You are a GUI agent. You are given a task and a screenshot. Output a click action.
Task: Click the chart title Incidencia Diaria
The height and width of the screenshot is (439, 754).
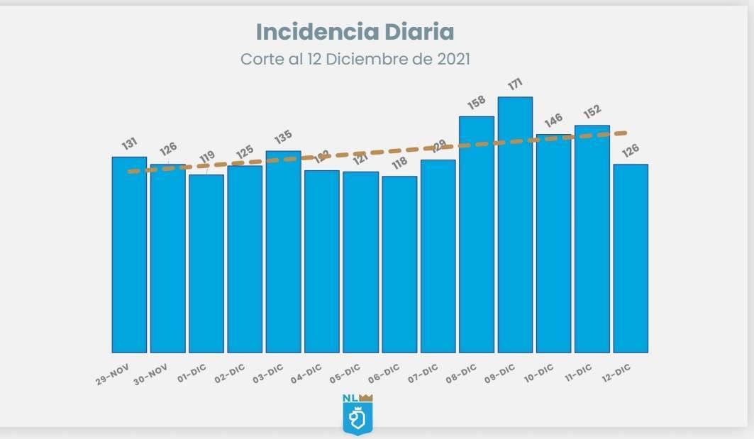pyautogui.click(x=355, y=32)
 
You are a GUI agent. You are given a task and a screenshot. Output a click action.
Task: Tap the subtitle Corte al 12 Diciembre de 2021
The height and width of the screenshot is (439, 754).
pyautogui.click(x=355, y=59)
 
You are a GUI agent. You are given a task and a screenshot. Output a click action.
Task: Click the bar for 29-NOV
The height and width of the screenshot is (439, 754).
pyautogui.click(x=129, y=255)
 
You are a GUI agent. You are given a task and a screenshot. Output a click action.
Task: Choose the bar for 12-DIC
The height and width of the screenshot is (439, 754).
pyautogui.click(x=631, y=258)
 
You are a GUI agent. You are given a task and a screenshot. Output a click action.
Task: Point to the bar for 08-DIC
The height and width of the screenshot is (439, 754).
pyautogui.click(x=477, y=234)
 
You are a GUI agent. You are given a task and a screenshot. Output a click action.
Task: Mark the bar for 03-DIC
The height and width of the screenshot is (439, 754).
pyautogui.click(x=284, y=252)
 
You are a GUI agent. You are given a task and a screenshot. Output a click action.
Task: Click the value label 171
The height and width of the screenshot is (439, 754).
pyautogui.click(x=516, y=85)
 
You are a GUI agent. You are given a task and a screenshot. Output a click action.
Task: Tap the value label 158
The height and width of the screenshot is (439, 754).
pyautogui.click(x=477, y=104)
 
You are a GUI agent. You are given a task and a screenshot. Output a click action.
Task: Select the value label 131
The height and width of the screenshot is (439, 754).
pyautogui.click(x=129, y=144)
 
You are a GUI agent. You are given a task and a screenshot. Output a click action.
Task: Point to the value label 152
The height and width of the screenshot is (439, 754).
pyautogui.click(x=592, y=111)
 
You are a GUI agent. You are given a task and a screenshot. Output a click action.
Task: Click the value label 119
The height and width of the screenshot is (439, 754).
pyautogui.click(x=206, y=157)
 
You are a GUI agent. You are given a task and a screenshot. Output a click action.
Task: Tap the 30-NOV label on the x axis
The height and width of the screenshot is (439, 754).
pyautogui.click(x=151, y=374)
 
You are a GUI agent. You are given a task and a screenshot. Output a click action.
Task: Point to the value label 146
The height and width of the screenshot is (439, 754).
pyautogui.click(x=553, y=118)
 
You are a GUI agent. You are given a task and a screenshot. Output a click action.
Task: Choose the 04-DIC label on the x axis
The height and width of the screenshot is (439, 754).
pyautogui.click(x=306, y=373)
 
